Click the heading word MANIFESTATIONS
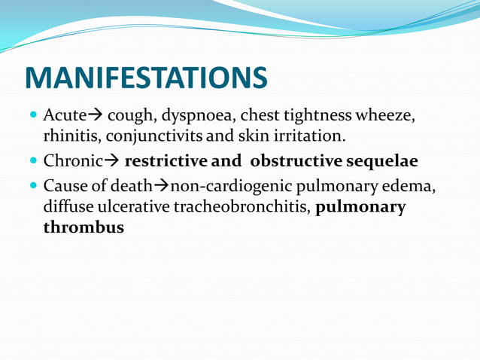146,78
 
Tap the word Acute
65,116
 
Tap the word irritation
308,136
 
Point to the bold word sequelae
381,161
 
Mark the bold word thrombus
84,227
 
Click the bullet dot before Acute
32,117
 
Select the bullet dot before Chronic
32,162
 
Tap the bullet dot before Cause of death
32,187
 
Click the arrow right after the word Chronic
111,161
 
